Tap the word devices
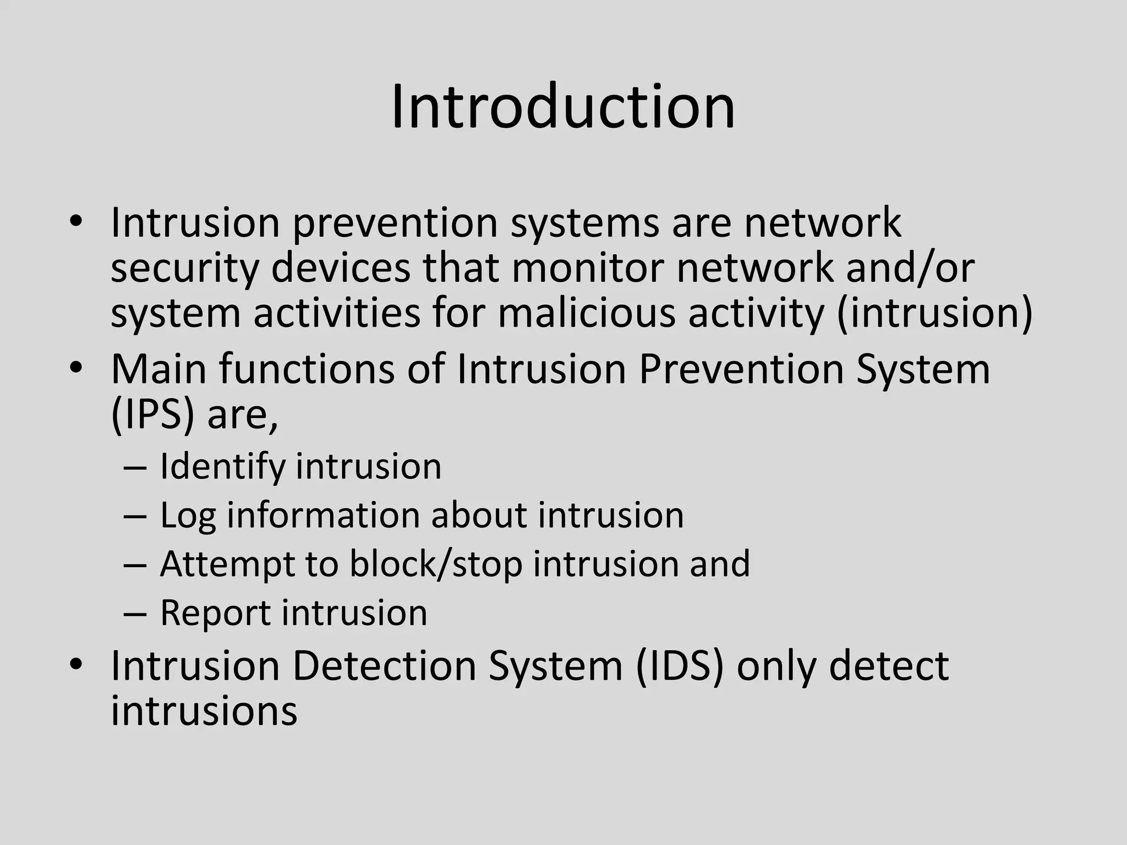coord(341,268)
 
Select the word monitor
coord(587,268)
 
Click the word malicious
coord(587,314)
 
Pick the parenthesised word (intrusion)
coord(934,314)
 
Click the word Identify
coord(222,467)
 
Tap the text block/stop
coord(435,564)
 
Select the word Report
coord(215,613)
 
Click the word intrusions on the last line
coord(204,711)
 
